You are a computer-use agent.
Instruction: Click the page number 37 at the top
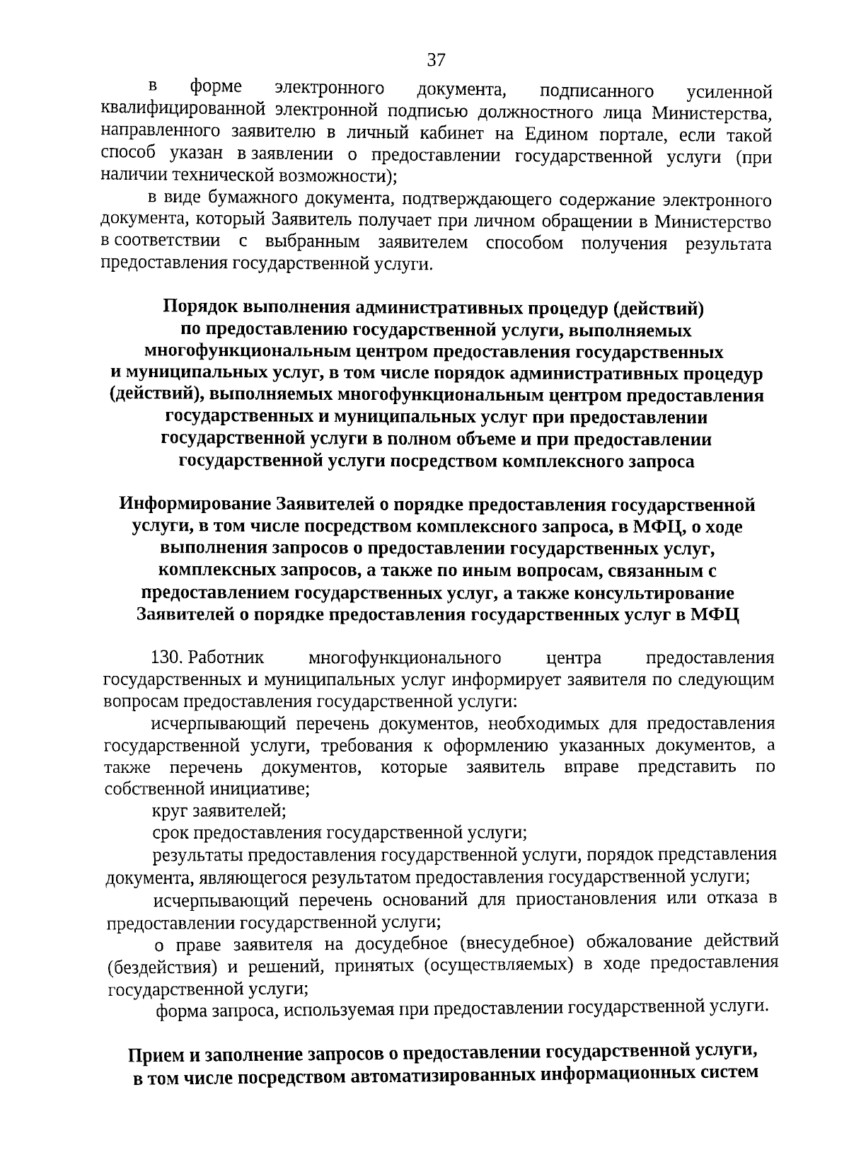(x=436, y=60)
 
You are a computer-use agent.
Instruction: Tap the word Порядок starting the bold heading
(x=200, y=308)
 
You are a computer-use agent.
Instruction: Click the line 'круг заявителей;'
(x=219, y=811)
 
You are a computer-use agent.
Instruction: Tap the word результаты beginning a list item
(x=193, y=855)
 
